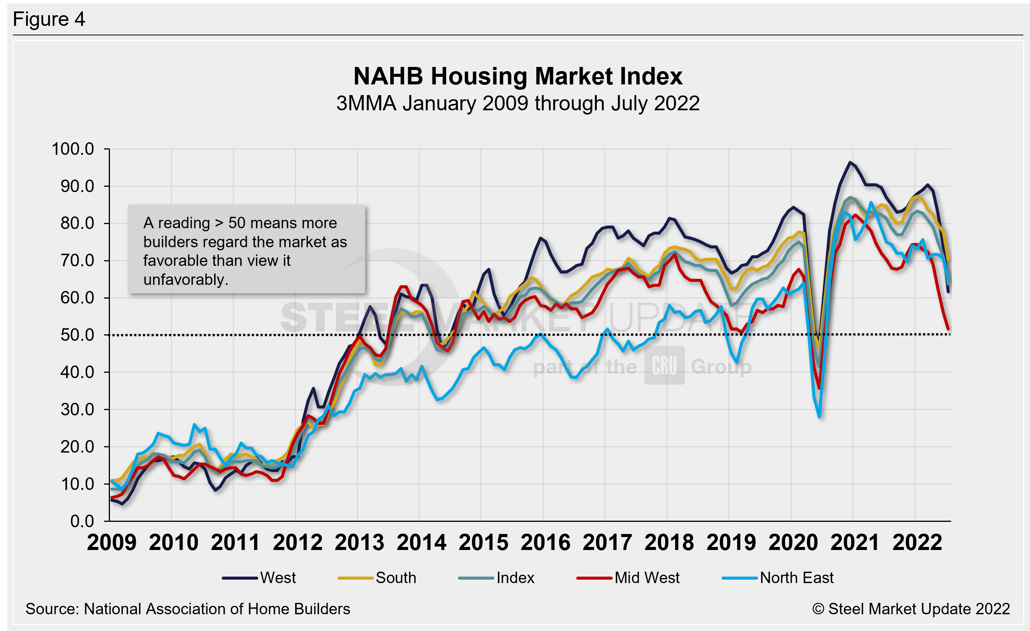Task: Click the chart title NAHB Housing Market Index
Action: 518,76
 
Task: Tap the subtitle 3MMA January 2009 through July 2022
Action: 518,103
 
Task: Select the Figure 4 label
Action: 49,19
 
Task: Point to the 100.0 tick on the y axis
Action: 73,149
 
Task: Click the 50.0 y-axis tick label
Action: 77,335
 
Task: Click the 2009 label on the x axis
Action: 111,542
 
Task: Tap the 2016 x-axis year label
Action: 545,542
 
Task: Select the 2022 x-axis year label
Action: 917,542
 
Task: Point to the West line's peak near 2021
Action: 850,162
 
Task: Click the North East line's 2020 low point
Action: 819,416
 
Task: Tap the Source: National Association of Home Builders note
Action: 188,609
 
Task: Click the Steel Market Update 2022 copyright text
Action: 911,609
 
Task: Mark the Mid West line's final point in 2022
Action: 948,329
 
